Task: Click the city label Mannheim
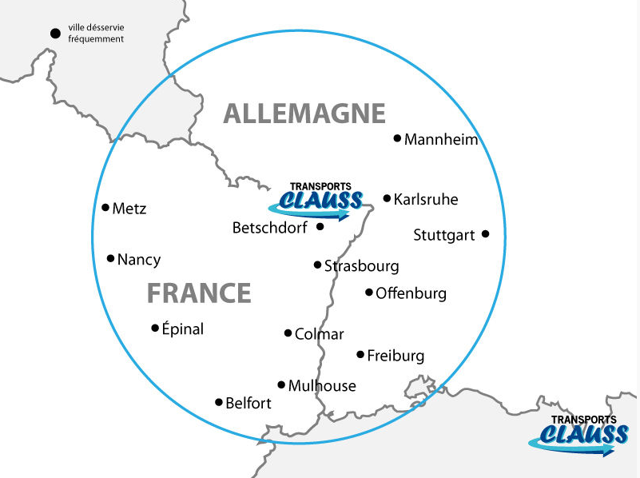(441, 140)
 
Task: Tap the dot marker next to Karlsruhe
(387, 198)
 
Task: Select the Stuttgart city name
(444, 235)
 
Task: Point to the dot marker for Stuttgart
(485, 234)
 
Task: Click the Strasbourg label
(361, 266)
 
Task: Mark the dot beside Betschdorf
(320, 227)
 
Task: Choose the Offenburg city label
(411, 293)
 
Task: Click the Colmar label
(319, 334)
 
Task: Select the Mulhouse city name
(322, 386)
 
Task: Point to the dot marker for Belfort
(219, 402)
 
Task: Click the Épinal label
(182, 329)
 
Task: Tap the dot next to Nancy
(110, 258)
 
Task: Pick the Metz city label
(129, 209)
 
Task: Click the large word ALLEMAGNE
(304, 114)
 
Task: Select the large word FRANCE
(199, 293)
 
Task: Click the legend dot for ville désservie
(55, 33)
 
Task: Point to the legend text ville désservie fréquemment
(96, 33)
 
